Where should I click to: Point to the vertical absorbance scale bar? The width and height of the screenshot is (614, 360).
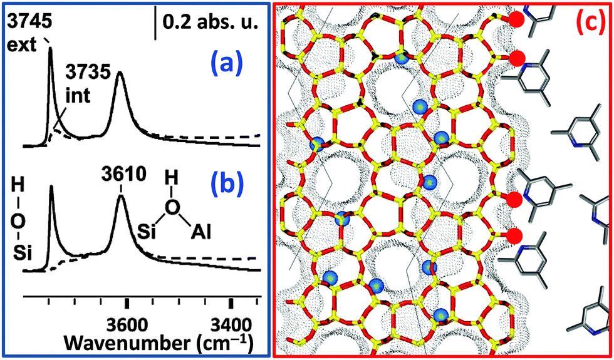(155, 22)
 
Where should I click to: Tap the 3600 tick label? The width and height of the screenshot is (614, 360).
(127, 326)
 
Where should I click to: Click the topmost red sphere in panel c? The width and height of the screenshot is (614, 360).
(516, 19)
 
